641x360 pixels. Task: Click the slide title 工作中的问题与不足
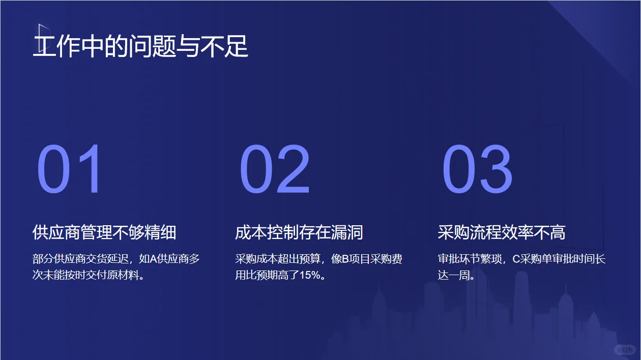click(x=140, y=46)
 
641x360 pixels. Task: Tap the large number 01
click(x=70, y=170)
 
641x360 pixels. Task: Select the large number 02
click(x=275, y=170)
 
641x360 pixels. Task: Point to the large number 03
click(x=477, y=170)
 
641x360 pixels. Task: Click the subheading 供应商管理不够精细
click(x=104, y=233)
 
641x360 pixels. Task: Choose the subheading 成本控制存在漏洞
click(x=299, y=233)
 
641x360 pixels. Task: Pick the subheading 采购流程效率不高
click(x=502, y=233)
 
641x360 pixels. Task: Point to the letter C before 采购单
click(x=515, y=259)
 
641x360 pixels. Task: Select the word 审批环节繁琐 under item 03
click(x=471, y=259)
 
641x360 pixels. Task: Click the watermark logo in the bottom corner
click(x=624, y=350)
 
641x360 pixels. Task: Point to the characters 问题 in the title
click(x=158, y=46)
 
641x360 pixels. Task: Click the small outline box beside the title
click(x=44, y=37)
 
